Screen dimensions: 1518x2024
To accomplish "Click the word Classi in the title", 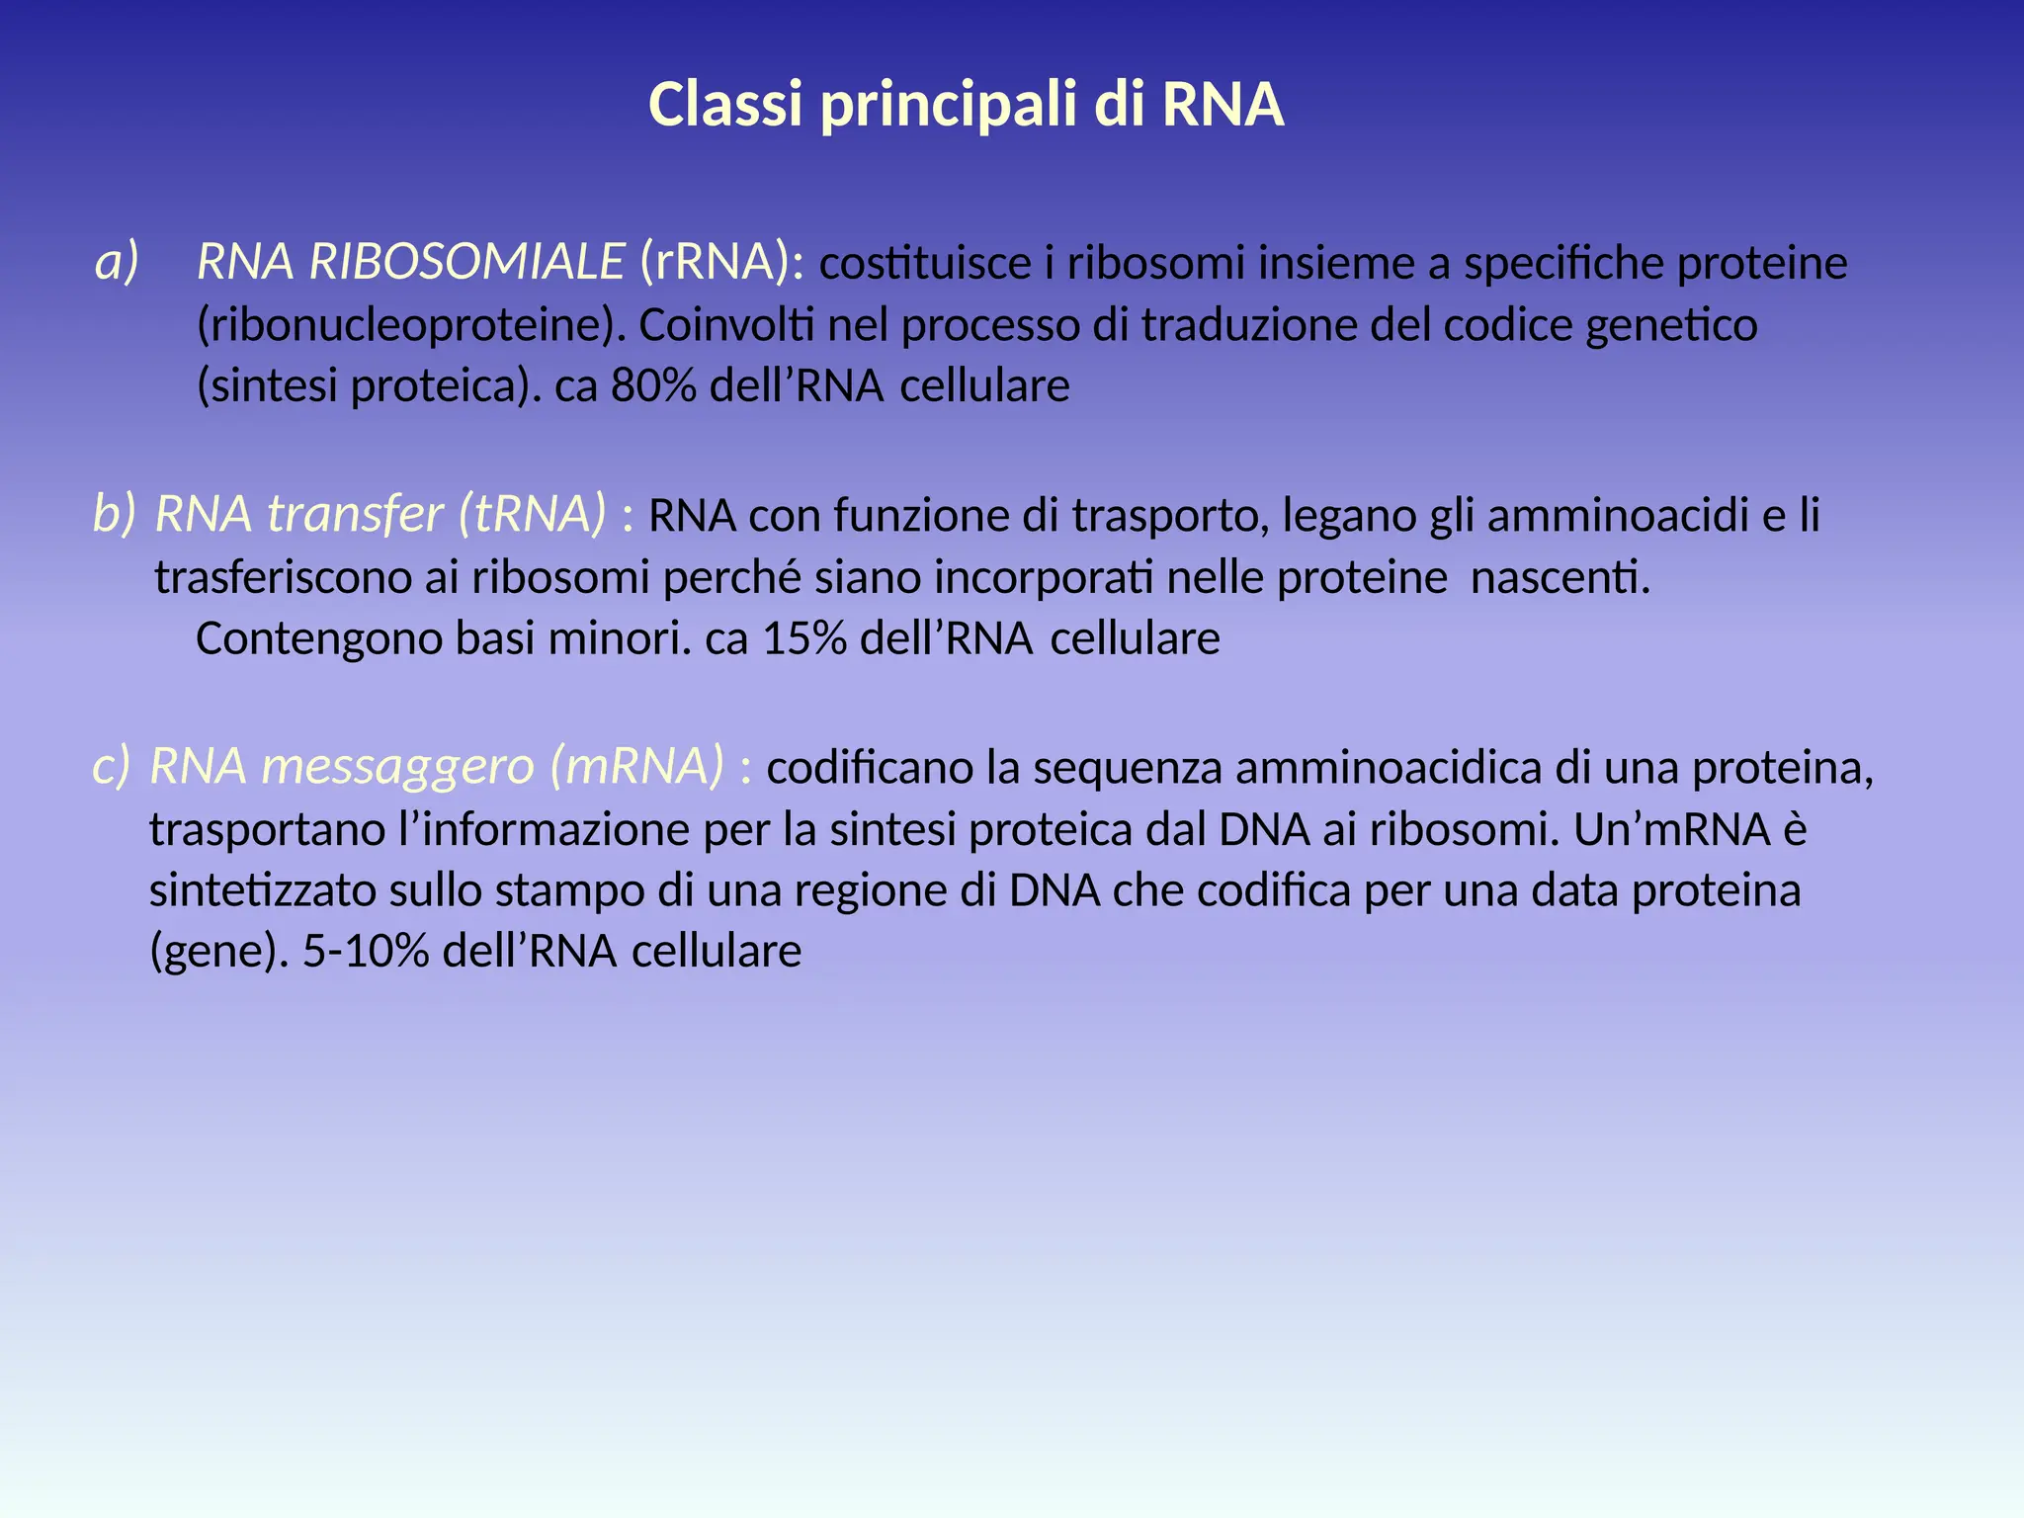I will (x=724, y=105).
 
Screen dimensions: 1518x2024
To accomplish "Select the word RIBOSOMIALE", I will (x=466, y=262).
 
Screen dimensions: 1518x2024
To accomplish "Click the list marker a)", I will (x=117, y=262).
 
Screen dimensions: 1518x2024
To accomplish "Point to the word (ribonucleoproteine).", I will (x=412, y=325).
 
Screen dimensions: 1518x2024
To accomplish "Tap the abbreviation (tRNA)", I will (x=532, y=514).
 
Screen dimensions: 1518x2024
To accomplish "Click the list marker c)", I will (x=111, y=766).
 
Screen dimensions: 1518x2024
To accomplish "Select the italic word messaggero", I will (x=397, y=768).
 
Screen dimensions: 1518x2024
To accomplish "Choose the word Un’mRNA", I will (x=1671, y=829).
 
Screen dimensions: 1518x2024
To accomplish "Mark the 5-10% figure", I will (x=366, y=952).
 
